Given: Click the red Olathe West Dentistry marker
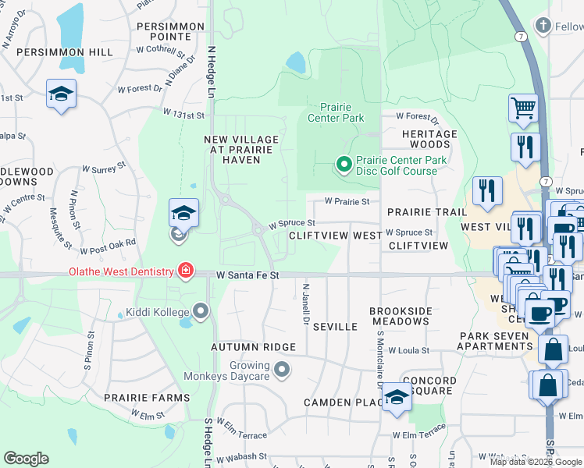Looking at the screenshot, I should click(186, 271).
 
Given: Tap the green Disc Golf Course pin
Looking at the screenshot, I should click(343, 164).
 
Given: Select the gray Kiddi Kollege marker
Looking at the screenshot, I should click(201, 313).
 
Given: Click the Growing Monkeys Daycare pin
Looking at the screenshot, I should click(282, 369).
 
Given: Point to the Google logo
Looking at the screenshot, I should click(27, 458).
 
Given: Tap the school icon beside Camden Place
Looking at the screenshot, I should click(397, 398).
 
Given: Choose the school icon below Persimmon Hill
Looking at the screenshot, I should click(60, 94).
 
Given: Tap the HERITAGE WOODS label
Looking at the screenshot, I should click(429, 139).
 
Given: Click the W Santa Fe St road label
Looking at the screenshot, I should click(247, 275).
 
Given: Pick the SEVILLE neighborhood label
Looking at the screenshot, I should click(335, 327).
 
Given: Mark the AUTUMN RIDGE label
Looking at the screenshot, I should click(254, 346).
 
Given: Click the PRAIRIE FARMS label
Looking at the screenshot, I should click(148, 398).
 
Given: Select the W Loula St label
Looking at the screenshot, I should click(413, 351).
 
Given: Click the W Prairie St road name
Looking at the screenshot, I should click(347, 201).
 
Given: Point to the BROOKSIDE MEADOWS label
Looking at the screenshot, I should click(401, 316).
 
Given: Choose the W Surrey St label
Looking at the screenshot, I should click(103, 168).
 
